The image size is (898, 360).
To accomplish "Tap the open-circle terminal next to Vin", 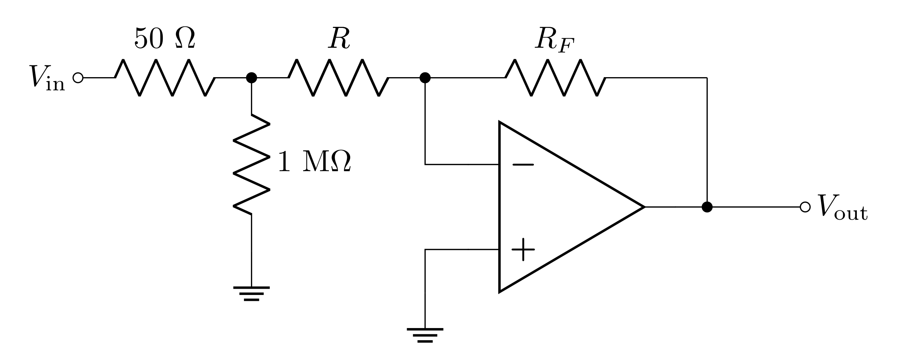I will point(78,78).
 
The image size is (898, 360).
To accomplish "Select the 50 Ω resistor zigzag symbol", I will point(165,78).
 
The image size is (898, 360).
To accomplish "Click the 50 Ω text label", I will point(165,39).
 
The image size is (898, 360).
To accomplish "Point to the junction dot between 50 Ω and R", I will point(251,78).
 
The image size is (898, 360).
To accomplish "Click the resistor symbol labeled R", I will point(338,78).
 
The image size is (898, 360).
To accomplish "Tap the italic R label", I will point(339,39).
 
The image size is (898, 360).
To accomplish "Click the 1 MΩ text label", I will point(315,162).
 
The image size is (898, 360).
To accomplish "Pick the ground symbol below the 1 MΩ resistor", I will point(251,293).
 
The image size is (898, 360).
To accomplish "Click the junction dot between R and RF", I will point(425,78).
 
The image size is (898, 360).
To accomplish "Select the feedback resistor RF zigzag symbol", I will point(555,78).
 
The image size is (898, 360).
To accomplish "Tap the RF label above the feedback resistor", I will point(554,40).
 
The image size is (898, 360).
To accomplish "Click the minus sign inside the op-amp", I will point(523,165).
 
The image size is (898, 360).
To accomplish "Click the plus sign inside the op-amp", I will point(523,249).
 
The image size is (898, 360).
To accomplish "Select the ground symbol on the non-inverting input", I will point(425,335).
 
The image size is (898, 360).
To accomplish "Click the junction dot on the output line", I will point(707,207).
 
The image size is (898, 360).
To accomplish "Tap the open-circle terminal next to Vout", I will point(805,207).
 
